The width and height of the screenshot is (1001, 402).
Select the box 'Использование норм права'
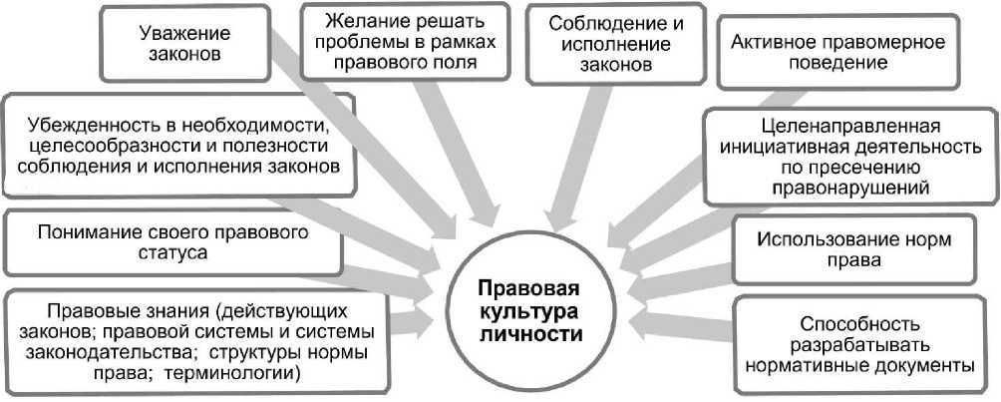click(854, 250)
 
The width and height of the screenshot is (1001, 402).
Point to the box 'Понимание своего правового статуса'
click(171, 243)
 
